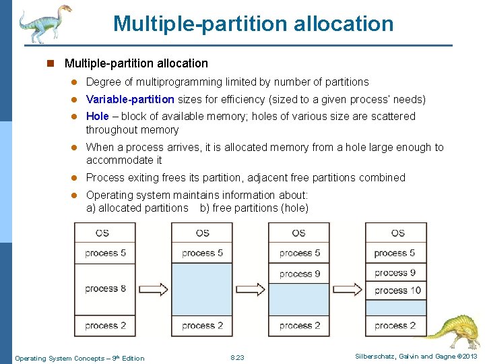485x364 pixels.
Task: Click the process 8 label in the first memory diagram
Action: click(105, 289)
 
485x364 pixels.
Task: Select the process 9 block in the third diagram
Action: click(299, 274)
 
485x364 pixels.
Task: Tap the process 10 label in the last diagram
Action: click(397, 290)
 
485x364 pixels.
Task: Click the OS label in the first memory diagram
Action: click(102, 233)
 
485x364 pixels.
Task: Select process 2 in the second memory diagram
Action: click(202, 326)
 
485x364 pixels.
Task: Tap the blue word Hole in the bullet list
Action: click(98, 117)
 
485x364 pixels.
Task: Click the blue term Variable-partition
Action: click(130, 100)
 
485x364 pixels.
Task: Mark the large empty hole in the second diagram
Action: click(202, 289)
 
